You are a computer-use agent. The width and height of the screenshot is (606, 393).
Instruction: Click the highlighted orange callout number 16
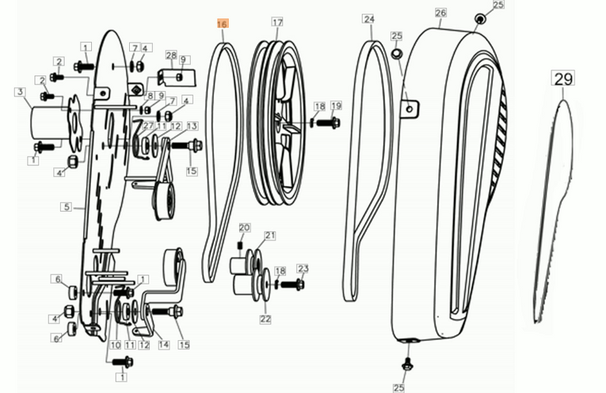(223, 24)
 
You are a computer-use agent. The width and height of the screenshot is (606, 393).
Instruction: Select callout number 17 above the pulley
(277, 22)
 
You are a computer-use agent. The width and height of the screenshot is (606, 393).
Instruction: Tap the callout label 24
(369, 19)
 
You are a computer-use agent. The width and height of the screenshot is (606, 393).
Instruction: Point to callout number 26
(440, 13)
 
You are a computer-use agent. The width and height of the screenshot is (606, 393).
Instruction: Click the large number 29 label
(562, 78)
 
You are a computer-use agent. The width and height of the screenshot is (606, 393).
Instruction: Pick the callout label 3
(20, 93)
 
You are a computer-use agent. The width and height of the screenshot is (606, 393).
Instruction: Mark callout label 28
(171, 55)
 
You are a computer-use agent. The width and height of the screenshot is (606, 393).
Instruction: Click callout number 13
(192, 126)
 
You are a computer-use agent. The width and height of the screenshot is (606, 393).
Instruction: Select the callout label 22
(265, 319)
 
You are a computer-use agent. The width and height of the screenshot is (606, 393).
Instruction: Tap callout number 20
(244, 228)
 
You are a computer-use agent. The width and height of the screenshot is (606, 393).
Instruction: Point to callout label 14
(164, 345)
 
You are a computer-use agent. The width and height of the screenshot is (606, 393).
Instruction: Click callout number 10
(116, 345)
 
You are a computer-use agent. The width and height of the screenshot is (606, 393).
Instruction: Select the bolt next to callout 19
(328, 123)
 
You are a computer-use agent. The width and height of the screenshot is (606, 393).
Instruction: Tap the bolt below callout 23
(292, 285)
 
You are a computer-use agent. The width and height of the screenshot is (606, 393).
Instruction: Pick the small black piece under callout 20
(239, 245)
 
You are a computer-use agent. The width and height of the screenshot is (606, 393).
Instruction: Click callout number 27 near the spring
(148, 126)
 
